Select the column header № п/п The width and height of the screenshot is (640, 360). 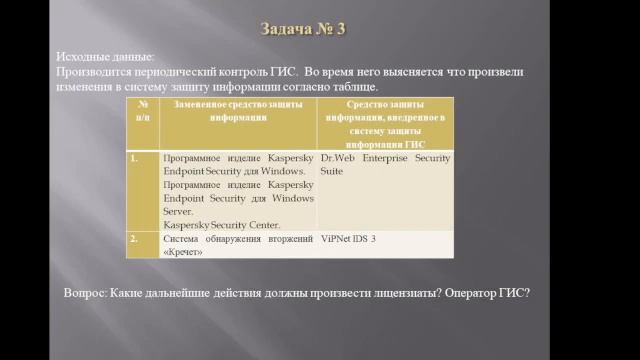point(142,111)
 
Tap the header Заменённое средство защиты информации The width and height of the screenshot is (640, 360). point(237,111)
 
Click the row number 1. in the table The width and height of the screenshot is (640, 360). point(134,158)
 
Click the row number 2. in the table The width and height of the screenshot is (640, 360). point(134,238)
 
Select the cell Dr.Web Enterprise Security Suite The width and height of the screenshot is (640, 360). point(384,164)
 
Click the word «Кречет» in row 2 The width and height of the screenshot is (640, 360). point(182,251)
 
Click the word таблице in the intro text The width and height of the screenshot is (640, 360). point(349,87)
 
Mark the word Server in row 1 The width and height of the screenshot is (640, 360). point(177,211)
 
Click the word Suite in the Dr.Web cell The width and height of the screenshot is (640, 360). point(331,171)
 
